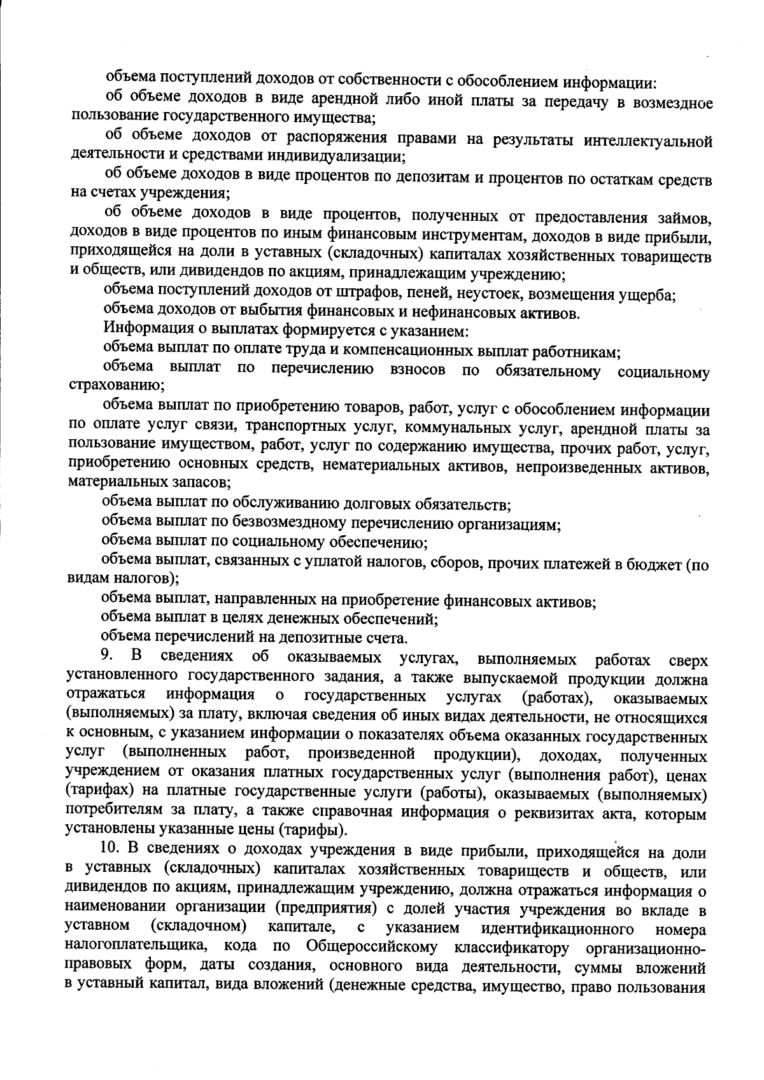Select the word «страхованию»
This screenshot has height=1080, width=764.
(115, 386)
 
